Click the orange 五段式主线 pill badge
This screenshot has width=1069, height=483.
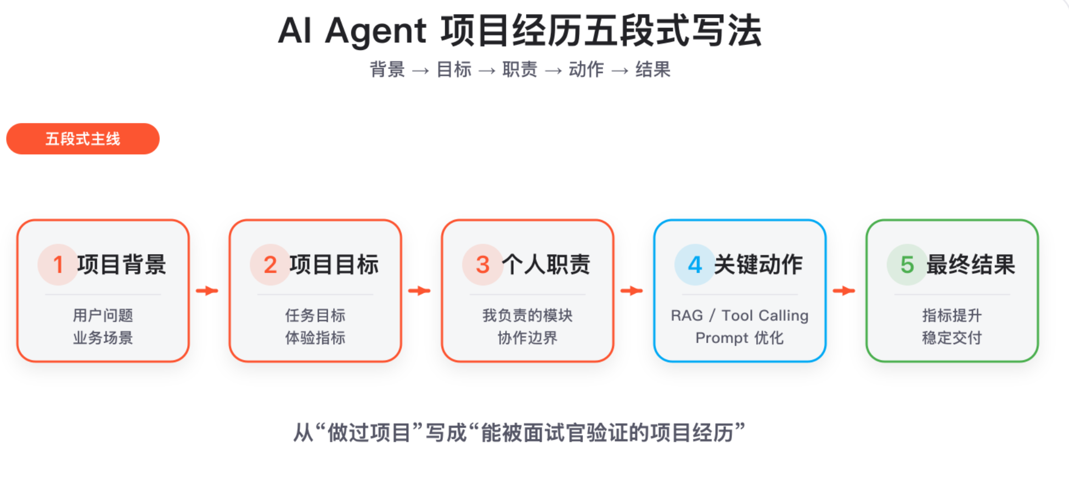[83, 139]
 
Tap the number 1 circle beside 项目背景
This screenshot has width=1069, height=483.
[58, 265]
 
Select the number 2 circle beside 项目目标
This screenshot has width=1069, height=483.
[271, 265]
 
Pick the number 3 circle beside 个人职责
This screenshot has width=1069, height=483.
[483, 265]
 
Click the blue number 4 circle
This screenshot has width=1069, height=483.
[695, 265]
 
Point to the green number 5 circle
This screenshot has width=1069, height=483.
[908, 265]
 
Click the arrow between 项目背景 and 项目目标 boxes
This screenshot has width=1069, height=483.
[207, 290]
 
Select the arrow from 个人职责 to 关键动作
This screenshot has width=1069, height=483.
[632, 290]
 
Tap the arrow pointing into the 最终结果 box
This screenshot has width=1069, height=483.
[844, 290]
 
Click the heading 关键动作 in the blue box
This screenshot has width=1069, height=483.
[758, 265]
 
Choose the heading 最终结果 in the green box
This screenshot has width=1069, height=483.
[970, 265]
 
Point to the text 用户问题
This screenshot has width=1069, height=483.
[103, 316]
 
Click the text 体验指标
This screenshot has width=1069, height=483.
[315, 338]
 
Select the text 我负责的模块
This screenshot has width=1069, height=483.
[527, 316]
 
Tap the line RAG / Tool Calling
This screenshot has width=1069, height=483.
[740, 316]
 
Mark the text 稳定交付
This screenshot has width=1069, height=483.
[952, 338]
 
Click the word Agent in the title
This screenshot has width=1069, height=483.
[375, 31]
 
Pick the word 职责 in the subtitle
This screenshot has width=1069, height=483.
[520, 70]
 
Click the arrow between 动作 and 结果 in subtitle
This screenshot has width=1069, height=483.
[620, 71]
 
